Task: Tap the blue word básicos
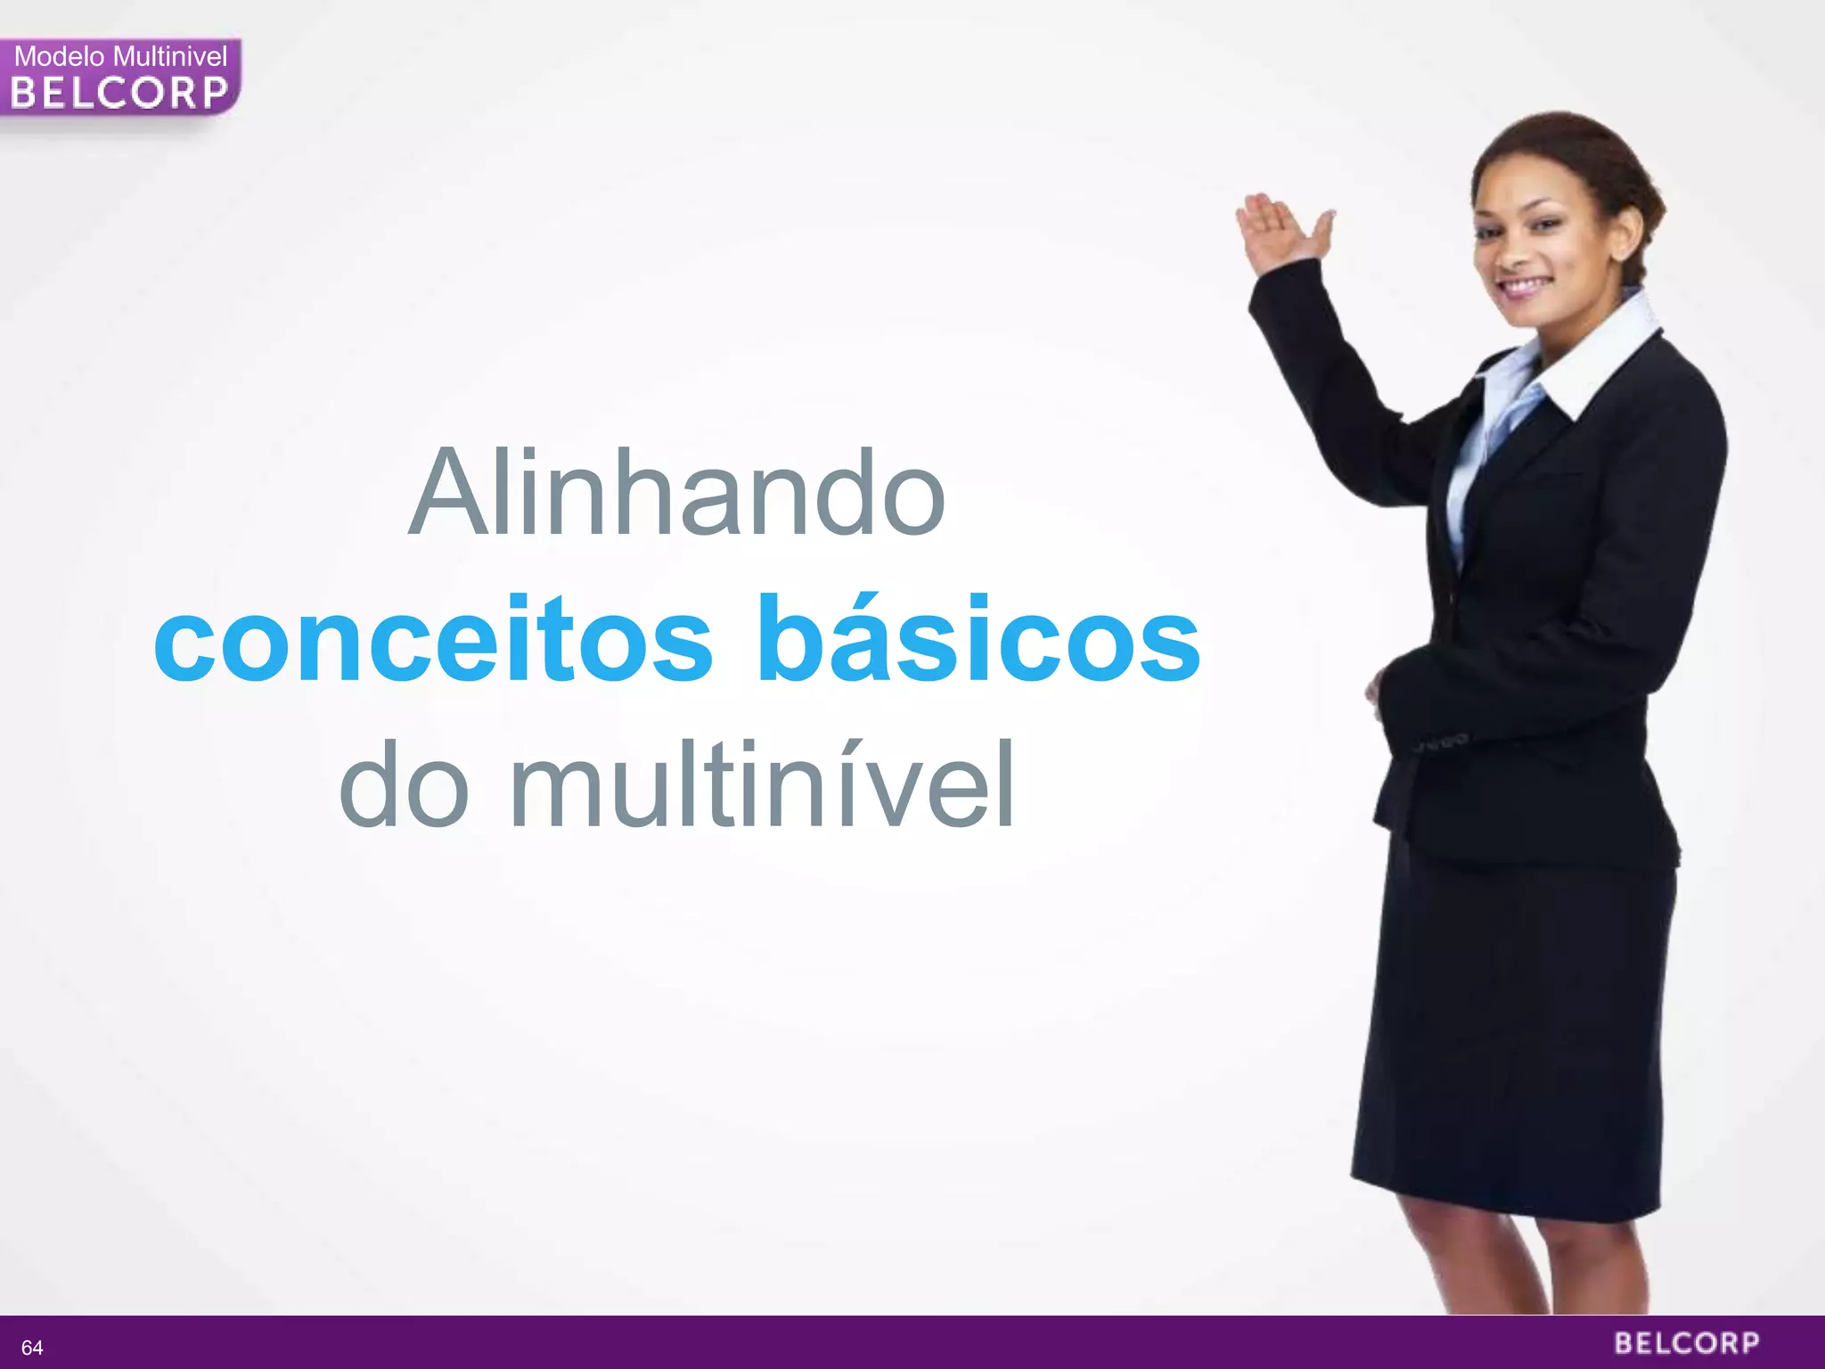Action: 978,639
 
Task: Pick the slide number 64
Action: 32,1347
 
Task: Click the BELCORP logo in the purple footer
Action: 1687,1343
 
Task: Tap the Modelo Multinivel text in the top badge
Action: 121,57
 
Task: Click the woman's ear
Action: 1624,234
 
